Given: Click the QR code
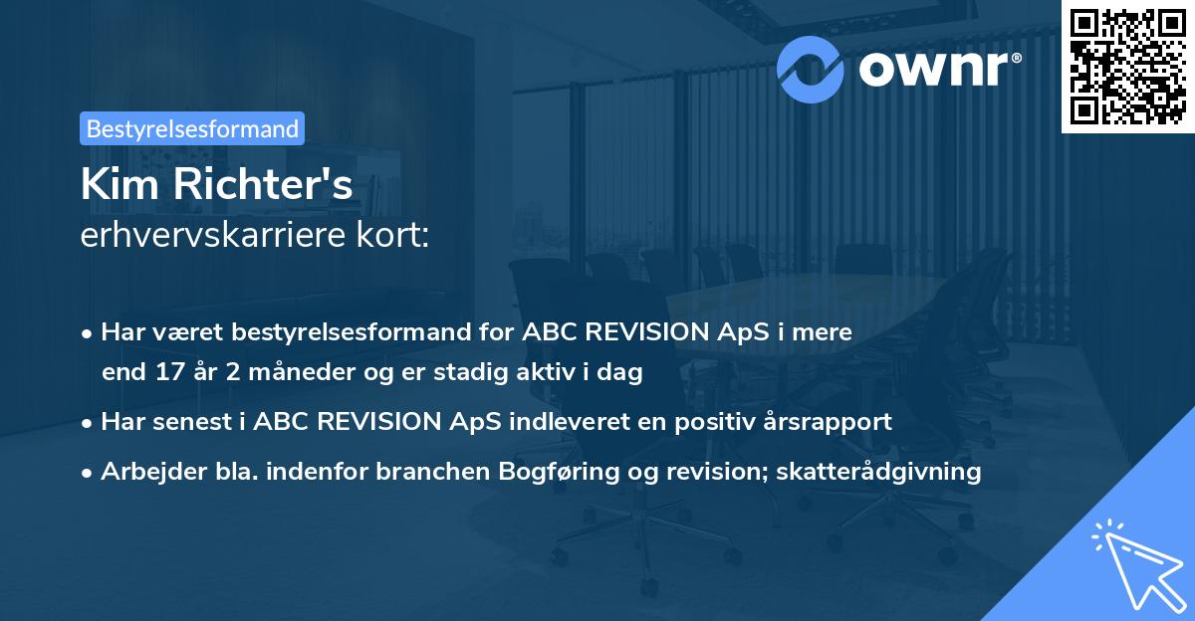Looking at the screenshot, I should click(x=1128, y=66).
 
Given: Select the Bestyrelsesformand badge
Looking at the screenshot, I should click(x=192, y=128).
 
